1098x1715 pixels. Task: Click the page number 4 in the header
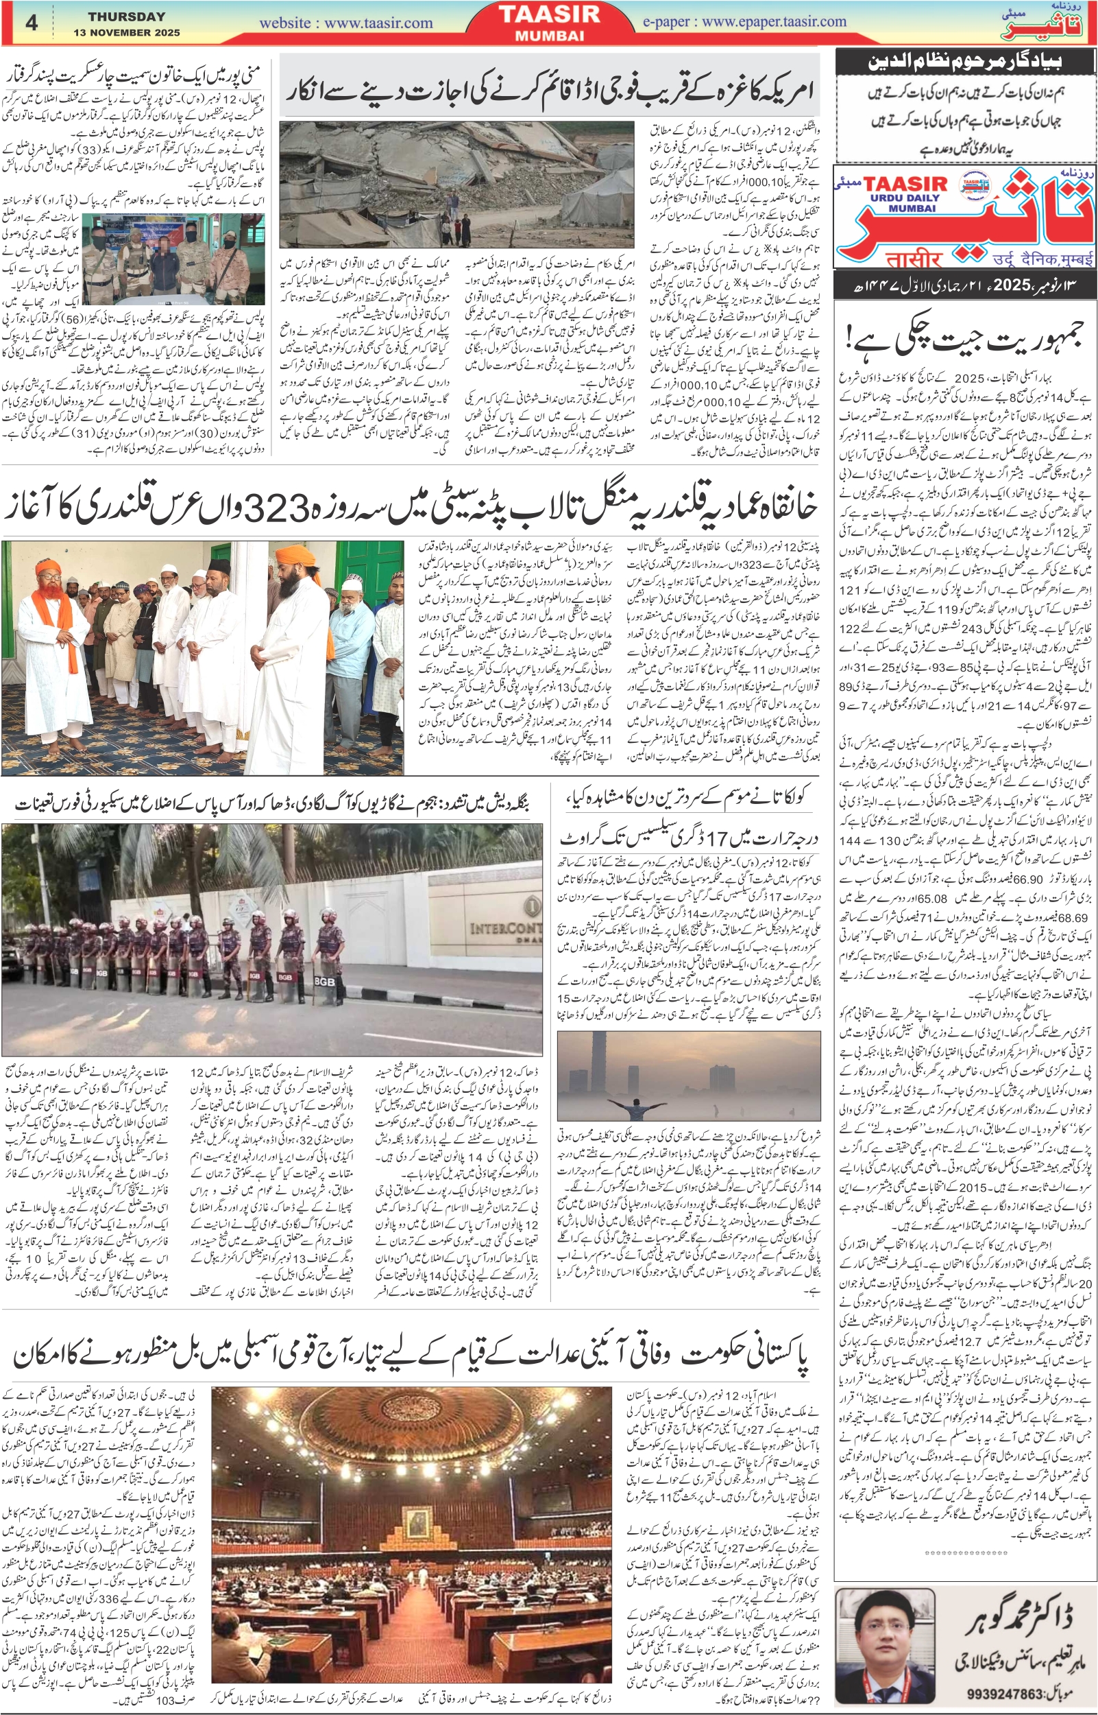pos(32,22)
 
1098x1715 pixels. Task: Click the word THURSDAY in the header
pos(126,16)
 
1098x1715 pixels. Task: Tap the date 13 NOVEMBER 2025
pos(126,33)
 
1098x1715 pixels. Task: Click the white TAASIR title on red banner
pos(548,14)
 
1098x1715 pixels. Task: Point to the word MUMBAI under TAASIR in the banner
pos(549,35)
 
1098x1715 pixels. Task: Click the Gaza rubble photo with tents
pos(456,184)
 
